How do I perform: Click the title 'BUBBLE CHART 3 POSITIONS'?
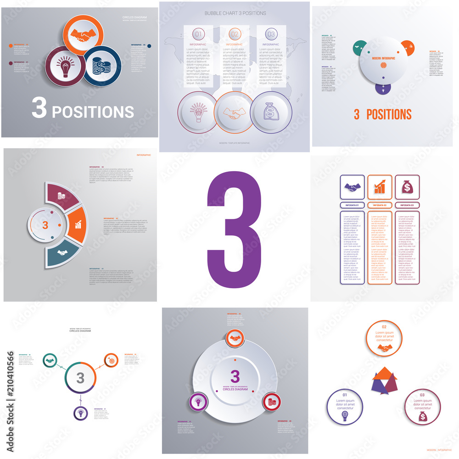(235, 13)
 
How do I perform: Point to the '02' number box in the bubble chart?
(235, 34)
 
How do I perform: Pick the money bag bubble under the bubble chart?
(271, 112)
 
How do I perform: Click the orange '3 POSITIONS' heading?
(382, 114)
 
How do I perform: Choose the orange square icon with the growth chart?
(380, 187)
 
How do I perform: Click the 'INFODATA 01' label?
(352, 205)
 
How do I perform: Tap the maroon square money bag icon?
(407, 187)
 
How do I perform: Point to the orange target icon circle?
(111, 359)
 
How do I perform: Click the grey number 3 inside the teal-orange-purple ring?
(80, 378)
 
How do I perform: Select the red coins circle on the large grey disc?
(271, 402)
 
